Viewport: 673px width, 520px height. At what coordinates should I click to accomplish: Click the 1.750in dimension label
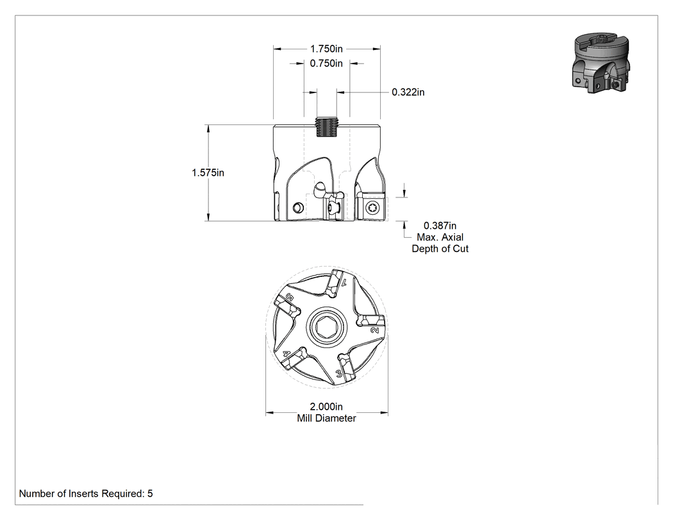coord(326,49)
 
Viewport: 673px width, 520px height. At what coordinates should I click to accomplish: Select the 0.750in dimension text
coord(326,63)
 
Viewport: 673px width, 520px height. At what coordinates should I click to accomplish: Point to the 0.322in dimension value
coord(408,92)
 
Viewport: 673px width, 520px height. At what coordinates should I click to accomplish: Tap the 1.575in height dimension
coord(208,172)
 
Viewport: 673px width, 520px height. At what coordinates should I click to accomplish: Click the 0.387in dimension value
coord(440,226)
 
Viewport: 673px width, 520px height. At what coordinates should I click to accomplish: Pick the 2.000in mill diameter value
coord(326,407)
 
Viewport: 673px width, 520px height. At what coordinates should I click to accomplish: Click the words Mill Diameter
coord(326,418)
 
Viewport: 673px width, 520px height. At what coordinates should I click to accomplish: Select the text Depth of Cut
coord(440,249)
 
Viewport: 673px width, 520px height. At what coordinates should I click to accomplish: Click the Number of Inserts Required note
coord(86,494)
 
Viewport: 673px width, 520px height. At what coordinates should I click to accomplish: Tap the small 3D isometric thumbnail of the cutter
coord(601,63)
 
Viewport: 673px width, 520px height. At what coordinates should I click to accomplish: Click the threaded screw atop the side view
coord(326,127)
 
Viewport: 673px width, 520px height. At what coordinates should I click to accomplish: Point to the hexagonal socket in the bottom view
coord(326,328)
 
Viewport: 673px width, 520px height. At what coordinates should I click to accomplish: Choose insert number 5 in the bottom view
coord(287,304)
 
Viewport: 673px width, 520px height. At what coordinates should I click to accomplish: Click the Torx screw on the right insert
coord(372,208)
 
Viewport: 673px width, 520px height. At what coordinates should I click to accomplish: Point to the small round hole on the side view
coord(297,208)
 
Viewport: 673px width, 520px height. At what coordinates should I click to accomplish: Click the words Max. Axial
coord(440,237)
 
